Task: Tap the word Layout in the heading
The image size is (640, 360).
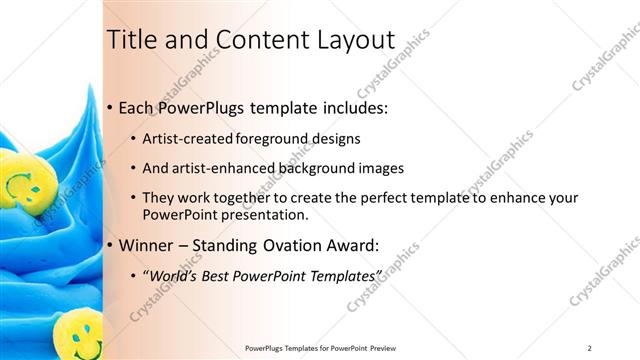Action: pos(356,40)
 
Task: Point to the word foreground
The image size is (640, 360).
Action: pos(275,139)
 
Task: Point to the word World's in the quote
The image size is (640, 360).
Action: pos(176,275)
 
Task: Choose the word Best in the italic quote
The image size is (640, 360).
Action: pos(223,275)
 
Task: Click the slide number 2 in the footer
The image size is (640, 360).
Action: pos(590,347)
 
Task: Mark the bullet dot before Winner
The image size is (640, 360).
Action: pos(109,244)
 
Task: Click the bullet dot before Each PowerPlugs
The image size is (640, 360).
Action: pos(109,107)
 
